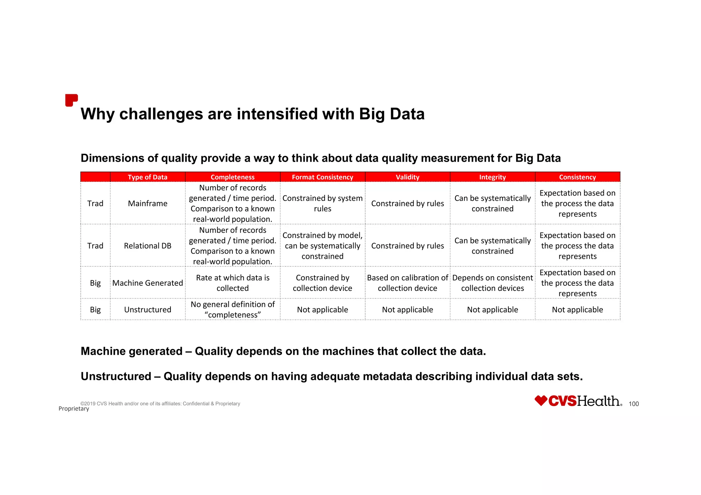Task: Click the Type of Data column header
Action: [x=148, y=177]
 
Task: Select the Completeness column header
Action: [x=232, y=177]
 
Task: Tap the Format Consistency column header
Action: [x=322, y=177]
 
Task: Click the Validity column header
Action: [x=407, y=177]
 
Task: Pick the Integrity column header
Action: [x=492, y=177]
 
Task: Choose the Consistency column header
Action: [x=577, y=177]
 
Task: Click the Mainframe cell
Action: [x=148, y=203]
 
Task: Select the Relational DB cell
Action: [x=148, y=246]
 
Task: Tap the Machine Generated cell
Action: [x=148, y=283]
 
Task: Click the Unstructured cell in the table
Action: [x=148, y=310]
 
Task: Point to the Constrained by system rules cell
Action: [x=322, y=203]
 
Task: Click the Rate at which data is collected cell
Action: [x=232, y=283]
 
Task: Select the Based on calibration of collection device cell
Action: [x=407, y=283]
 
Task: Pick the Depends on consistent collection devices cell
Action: [x=492, y=283]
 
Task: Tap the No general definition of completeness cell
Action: [x=232, y=310]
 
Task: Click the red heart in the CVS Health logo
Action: [x=541, y=400]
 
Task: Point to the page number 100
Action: [x=634, y=404]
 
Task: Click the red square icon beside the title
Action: [x=71, y=100]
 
